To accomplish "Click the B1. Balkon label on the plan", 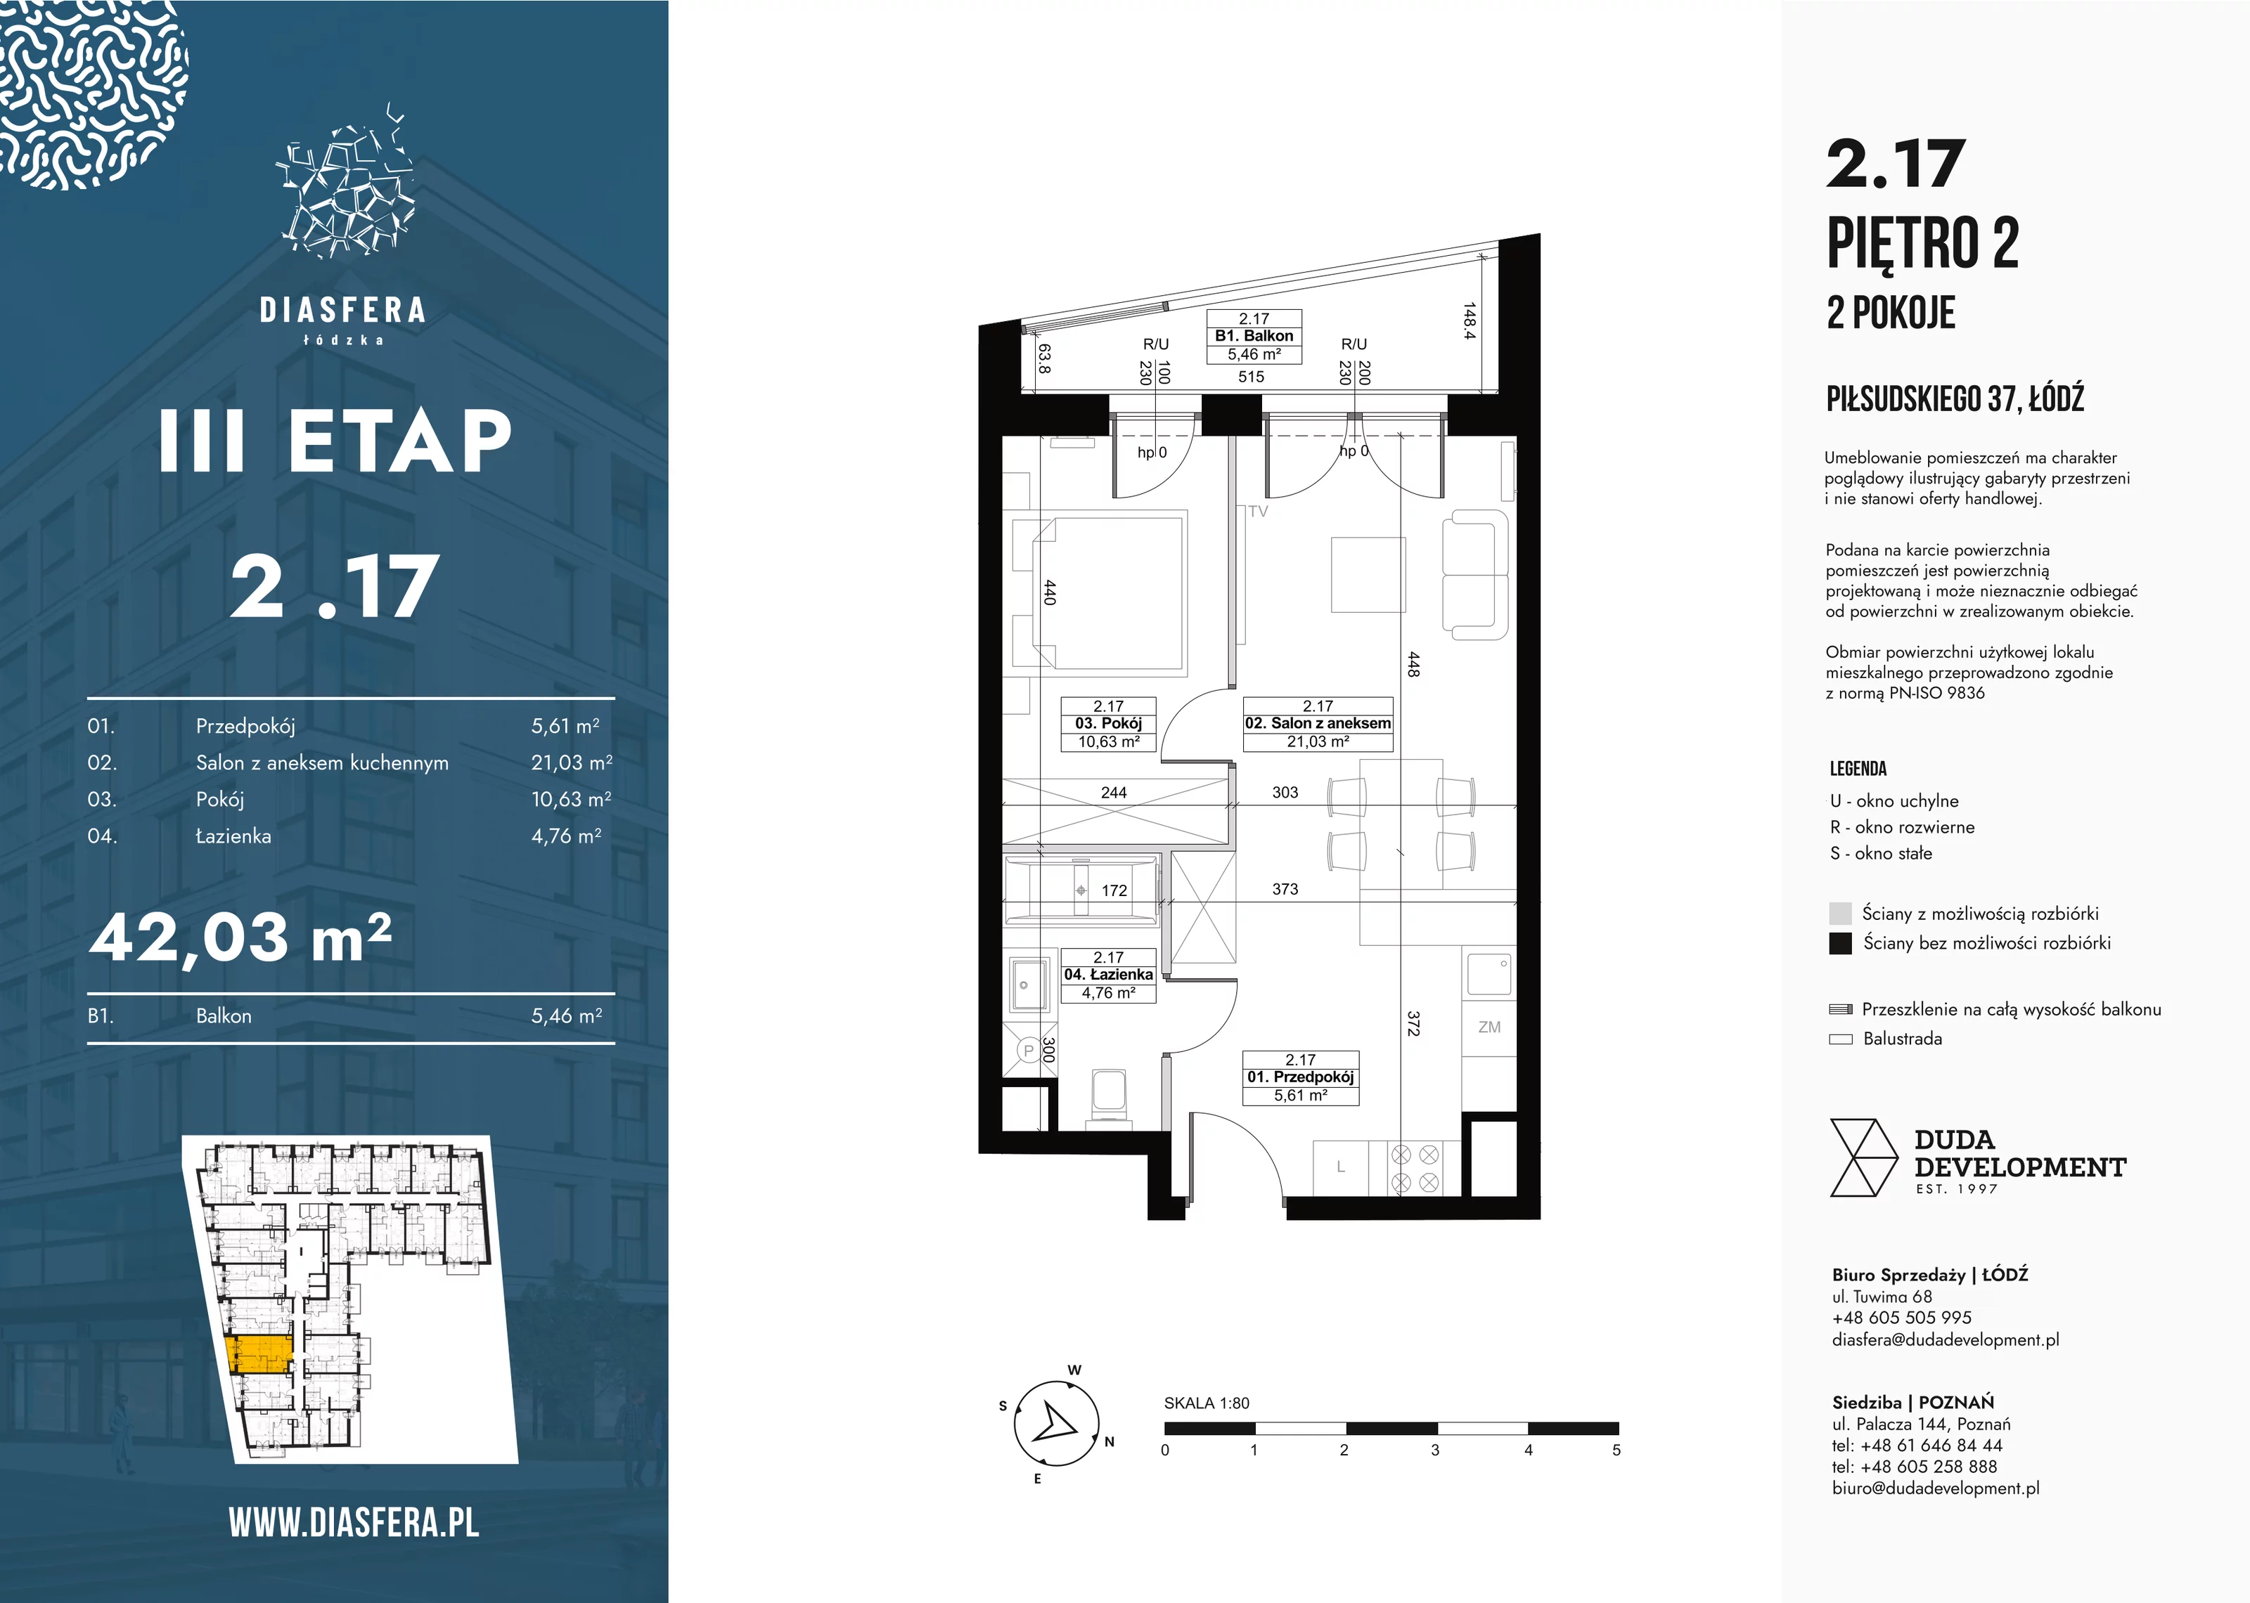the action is [x=1254, y=337].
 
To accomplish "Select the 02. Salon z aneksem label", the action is [x=1318, y=725].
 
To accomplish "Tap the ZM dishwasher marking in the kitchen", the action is [x=1489, y=1027].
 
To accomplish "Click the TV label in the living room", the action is [x=1258, y=512].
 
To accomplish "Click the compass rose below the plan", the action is [x=1056, y=1423].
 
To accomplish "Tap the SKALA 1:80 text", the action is [x=1207, y=1403].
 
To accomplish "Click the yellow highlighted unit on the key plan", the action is [x=259, y=1355].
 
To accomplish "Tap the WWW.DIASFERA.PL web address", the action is [x=354, y=1523].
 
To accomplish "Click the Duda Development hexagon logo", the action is [x=1863, y=1157].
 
